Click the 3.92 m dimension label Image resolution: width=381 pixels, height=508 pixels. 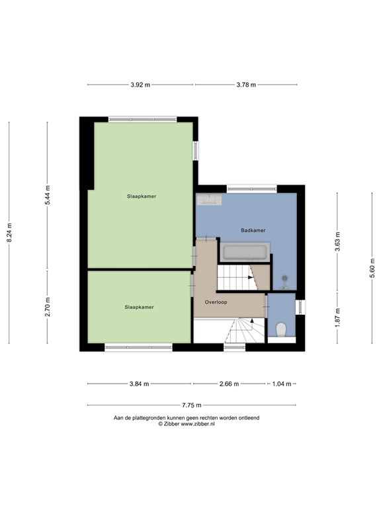[140, 85]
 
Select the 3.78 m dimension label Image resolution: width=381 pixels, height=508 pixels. [246, 85]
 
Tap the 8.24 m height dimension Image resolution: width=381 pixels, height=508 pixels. [9, 232]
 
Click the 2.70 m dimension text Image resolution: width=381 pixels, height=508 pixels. [48, 307]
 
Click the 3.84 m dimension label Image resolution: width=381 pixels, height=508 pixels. [140, 384]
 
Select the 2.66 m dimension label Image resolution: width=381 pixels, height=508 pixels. [228, 384]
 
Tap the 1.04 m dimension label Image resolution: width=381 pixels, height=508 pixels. [281, 384]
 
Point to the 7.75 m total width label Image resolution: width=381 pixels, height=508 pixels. [191, 405]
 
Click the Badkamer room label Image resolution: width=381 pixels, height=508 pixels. [253, 230]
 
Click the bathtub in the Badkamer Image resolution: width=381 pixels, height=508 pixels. [245, 251]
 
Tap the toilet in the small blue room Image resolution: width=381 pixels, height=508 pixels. [281, 329]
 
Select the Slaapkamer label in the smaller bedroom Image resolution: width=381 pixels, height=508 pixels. [139, 307]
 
